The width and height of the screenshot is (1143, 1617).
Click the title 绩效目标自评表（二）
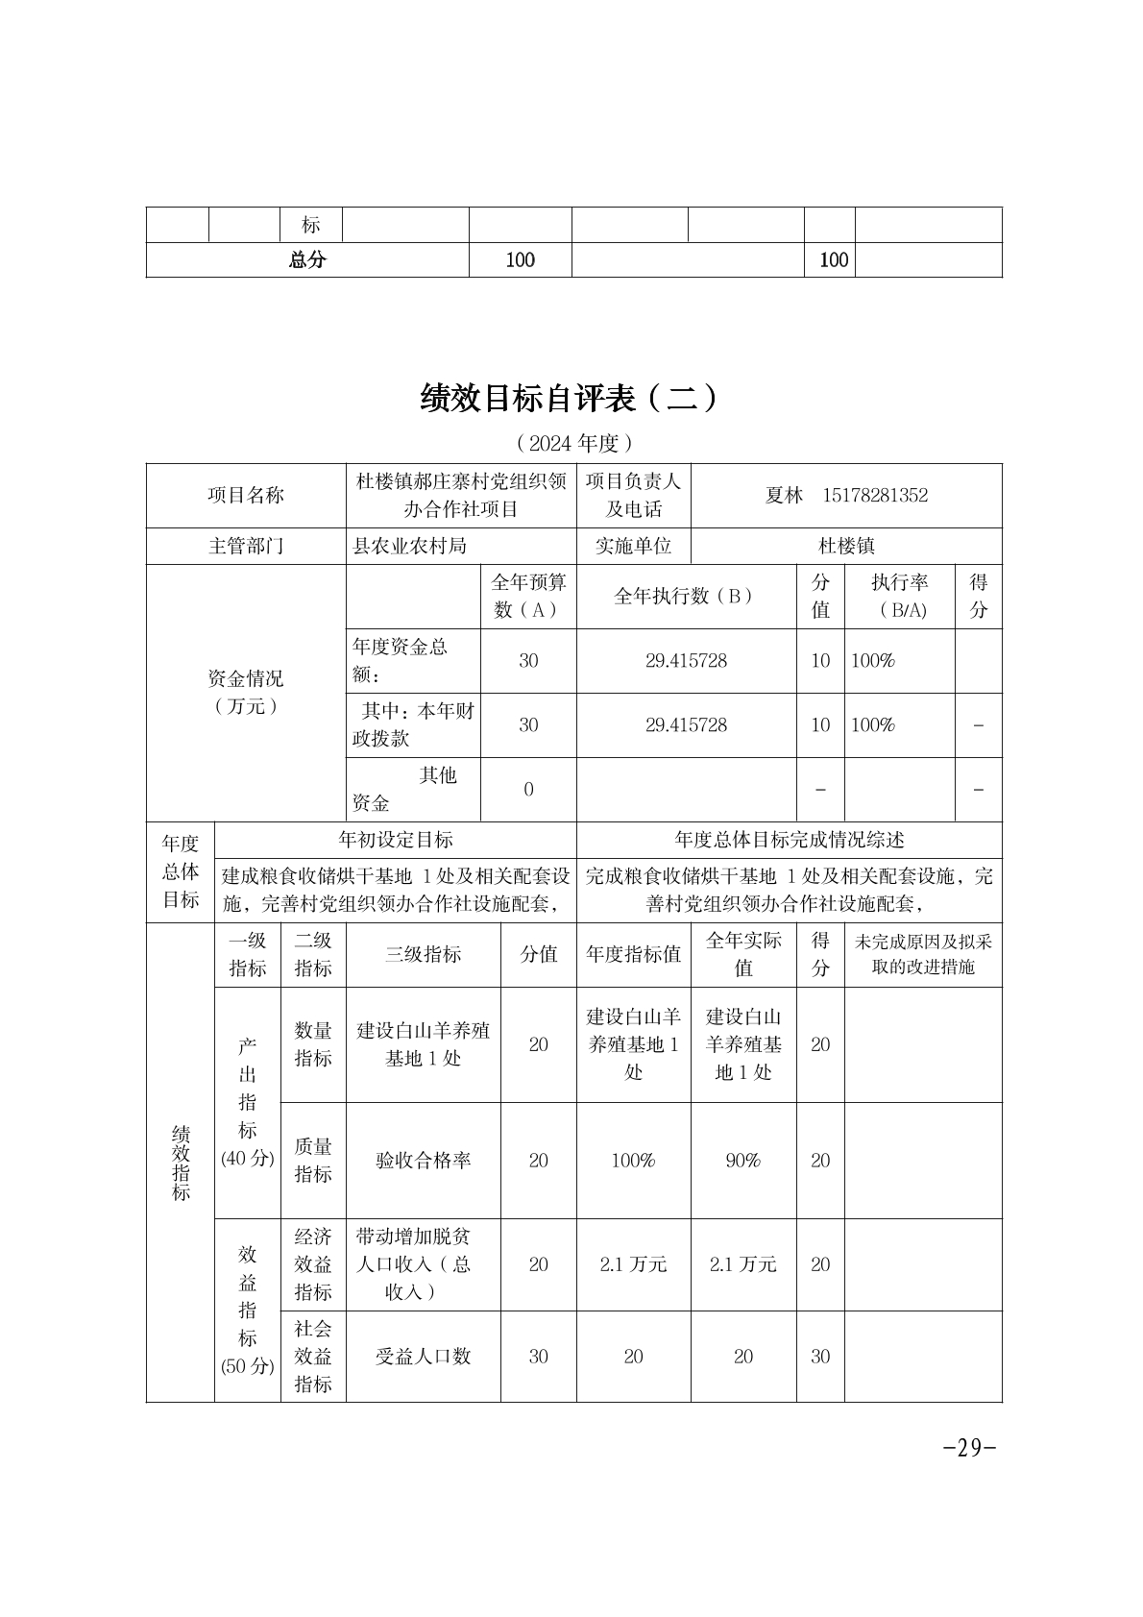pyautogui.click(x=569, y=397)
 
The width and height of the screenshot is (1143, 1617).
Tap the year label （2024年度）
pyautogui.click(x=573, y=443)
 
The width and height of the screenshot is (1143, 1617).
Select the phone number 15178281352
pyautogui.click(x=875, y=496)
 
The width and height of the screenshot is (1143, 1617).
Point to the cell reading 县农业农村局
pyautogui.click(x=410, y=546)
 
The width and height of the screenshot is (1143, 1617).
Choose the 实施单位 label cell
pyautogui.click(x=633, y=546)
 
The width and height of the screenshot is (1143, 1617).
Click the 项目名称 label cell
pyautogui.click(x=246, y=496)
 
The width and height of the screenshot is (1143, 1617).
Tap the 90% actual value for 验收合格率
pyautogui.click(x=742, y=1161)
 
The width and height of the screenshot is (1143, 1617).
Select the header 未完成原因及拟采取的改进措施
pyautogui.click(x=922, y=954)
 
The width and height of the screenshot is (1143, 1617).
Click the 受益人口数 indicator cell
pyautogui.click(x=423, y=1357)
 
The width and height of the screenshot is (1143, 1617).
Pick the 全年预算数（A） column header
pyautogui.click(x=528, y=596)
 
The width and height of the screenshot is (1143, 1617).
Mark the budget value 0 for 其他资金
pyautogui.click(x=528, y=790)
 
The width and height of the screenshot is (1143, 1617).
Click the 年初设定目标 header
pyautogui.click(x=396, y=840)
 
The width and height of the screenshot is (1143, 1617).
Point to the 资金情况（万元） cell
pyautogui.click(x=246, y=692)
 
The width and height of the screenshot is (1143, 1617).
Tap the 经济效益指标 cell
pyautogui.click(x=313, y=1264)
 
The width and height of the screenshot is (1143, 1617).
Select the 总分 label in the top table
pyautogui.click(x=307, y=259)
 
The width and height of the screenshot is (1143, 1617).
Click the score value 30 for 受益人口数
pyautogui.click(x=819, y=1357)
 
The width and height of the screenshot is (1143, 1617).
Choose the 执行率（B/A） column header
pyautogui.click(x=900, y=596)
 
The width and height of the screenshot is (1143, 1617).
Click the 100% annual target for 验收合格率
pyautogui.click(x=633, y=1161)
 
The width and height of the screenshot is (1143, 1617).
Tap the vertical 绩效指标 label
pyautogui.click(x=181, y=1163)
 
